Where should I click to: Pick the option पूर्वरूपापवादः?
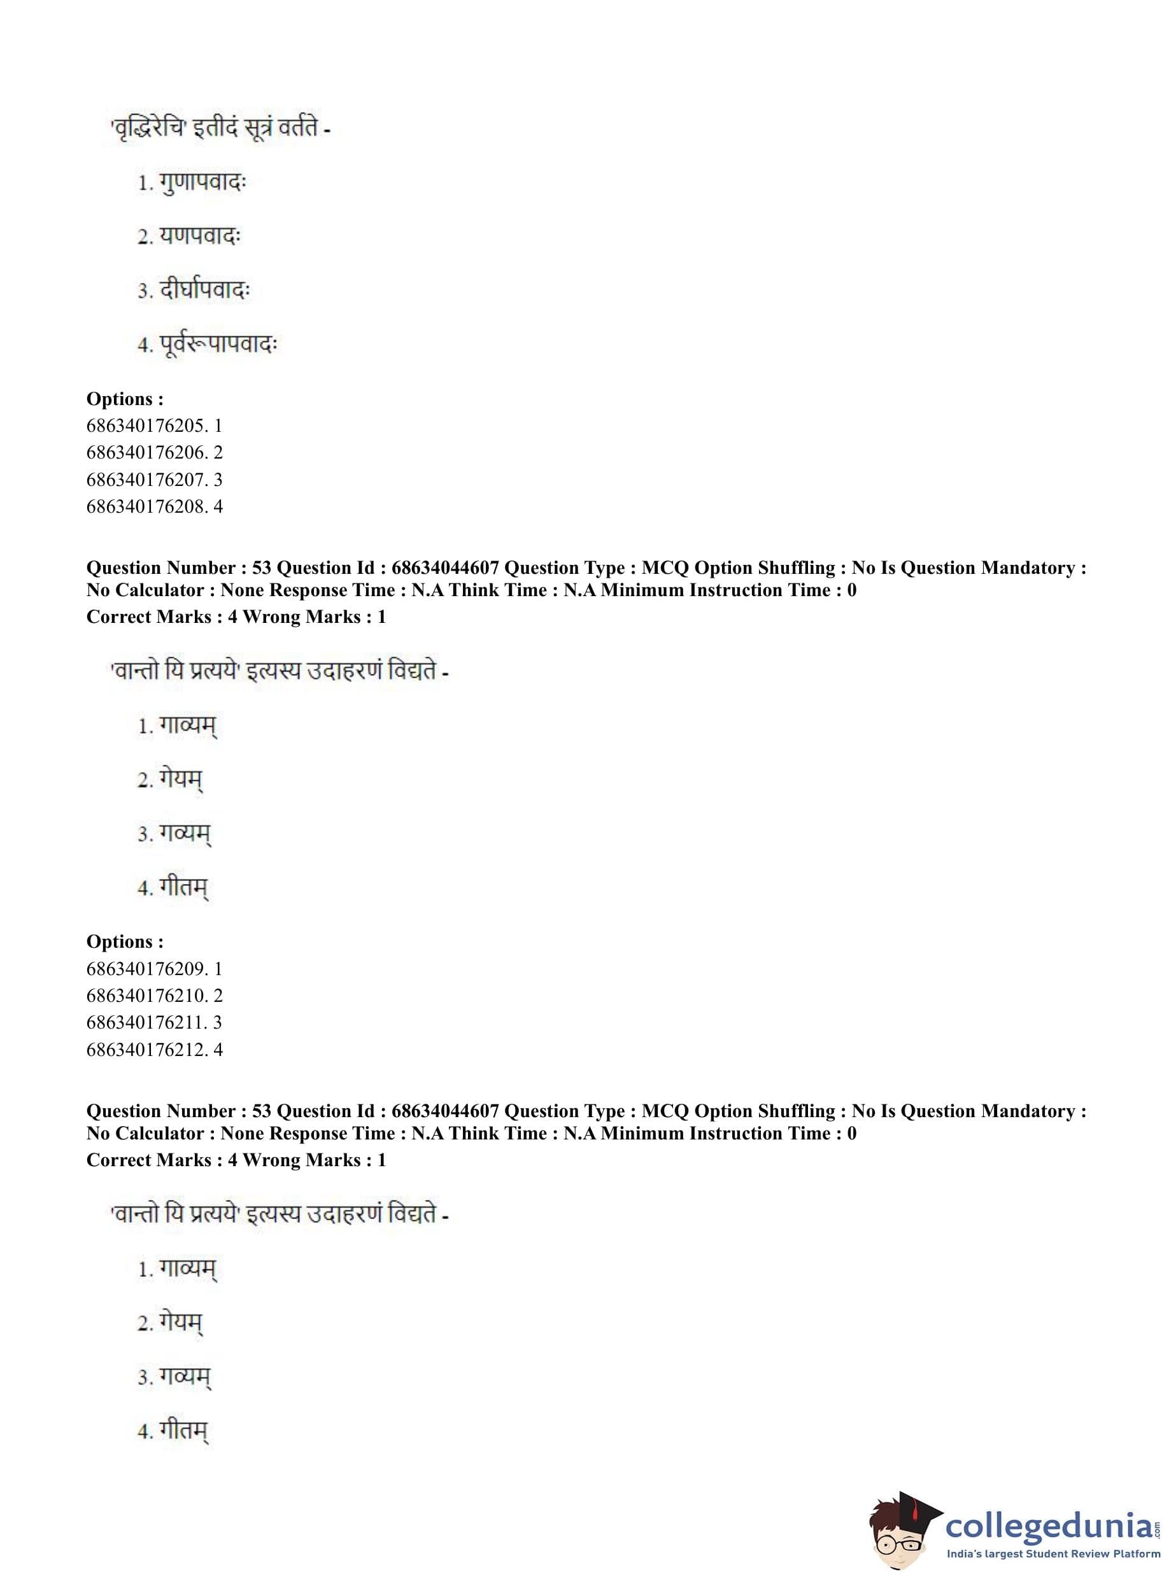coord(218,345)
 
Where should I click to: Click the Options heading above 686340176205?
coord(125,399)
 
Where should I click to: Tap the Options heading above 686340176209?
coord(125,942)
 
